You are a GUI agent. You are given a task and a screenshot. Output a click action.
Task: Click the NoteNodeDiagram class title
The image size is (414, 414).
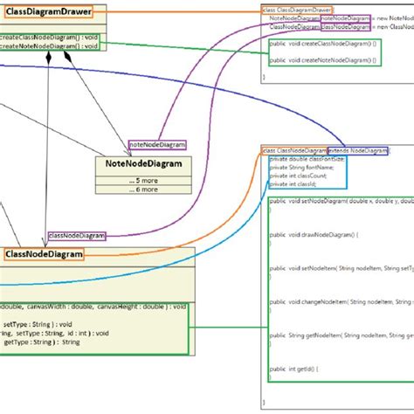139,162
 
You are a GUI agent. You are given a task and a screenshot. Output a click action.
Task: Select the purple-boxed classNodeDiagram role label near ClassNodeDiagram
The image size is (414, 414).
77,235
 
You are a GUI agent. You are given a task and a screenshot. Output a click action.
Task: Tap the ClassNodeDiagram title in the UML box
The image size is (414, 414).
44,254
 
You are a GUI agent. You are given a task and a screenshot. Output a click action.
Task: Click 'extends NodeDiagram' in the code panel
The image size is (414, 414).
357,151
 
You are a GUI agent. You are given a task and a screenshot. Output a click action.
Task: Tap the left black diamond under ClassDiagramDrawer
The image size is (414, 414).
50,57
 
